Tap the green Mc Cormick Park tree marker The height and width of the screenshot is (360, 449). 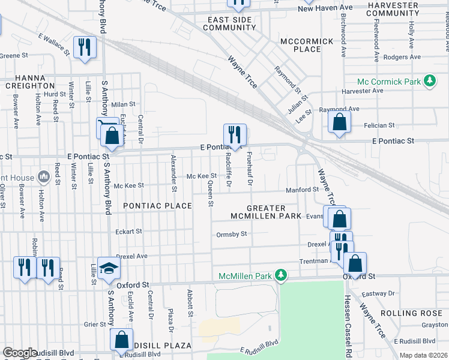(x=429, y=80)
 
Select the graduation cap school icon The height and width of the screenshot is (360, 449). (x=109, y=269)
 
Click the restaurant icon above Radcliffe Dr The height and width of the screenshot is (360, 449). (x=234, y=134)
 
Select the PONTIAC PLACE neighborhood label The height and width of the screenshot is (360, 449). (x=157, y=206)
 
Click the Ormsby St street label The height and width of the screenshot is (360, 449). (x=232, y=234)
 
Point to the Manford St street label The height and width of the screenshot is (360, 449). (x=302, y=190)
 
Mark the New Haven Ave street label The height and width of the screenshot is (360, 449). (x=325, y=8)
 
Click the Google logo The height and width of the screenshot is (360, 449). (x=19, y=353)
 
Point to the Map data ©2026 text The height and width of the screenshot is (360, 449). (x=423, y=355)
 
